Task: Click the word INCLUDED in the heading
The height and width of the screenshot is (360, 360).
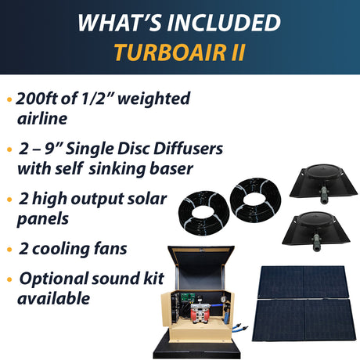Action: coord(224,23)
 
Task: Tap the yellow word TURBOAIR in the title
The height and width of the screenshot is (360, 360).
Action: coord(170,52)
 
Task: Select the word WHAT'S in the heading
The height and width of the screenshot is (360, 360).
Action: coord(120,23)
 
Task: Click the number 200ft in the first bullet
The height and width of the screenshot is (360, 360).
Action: coord(37,99)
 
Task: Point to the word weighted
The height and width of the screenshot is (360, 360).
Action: coord(154,99)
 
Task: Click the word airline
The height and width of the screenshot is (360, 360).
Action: coord(42,119)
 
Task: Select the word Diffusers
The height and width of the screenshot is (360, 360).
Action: coord(188,149)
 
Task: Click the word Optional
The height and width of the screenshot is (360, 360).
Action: coord(54,279)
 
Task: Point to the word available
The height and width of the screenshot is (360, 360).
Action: coord(53,298)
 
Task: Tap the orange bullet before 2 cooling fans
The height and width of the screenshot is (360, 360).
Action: coord(9,250)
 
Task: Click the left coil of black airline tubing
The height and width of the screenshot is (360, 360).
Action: coord(203,214)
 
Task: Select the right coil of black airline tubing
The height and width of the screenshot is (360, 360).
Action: coord(255,200)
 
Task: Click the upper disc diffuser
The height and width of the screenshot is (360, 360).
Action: coord(323,182)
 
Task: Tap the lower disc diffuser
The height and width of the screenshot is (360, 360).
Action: coord(316,229)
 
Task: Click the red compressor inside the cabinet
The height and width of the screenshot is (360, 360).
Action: coord(200,314)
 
